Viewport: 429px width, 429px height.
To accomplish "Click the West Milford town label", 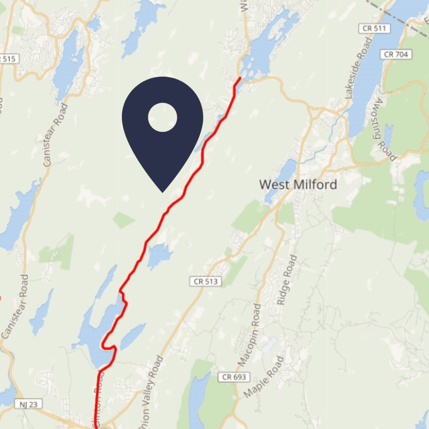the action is coord(298,184).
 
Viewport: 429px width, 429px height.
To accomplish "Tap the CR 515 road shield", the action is coord(8,59).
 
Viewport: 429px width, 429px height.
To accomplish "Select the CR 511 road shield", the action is coord(375,29).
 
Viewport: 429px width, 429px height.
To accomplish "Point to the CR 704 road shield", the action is coord(397,54).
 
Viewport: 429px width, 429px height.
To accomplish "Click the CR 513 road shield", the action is coord(206,282).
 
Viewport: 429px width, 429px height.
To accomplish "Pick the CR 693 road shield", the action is coord(234,377).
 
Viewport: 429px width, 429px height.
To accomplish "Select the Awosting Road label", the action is coord(385,130).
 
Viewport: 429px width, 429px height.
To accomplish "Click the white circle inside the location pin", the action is coord(163,118).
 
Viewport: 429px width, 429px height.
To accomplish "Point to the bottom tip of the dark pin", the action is coord(163,192).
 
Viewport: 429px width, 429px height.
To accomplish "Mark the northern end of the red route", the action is coord(240,78).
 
